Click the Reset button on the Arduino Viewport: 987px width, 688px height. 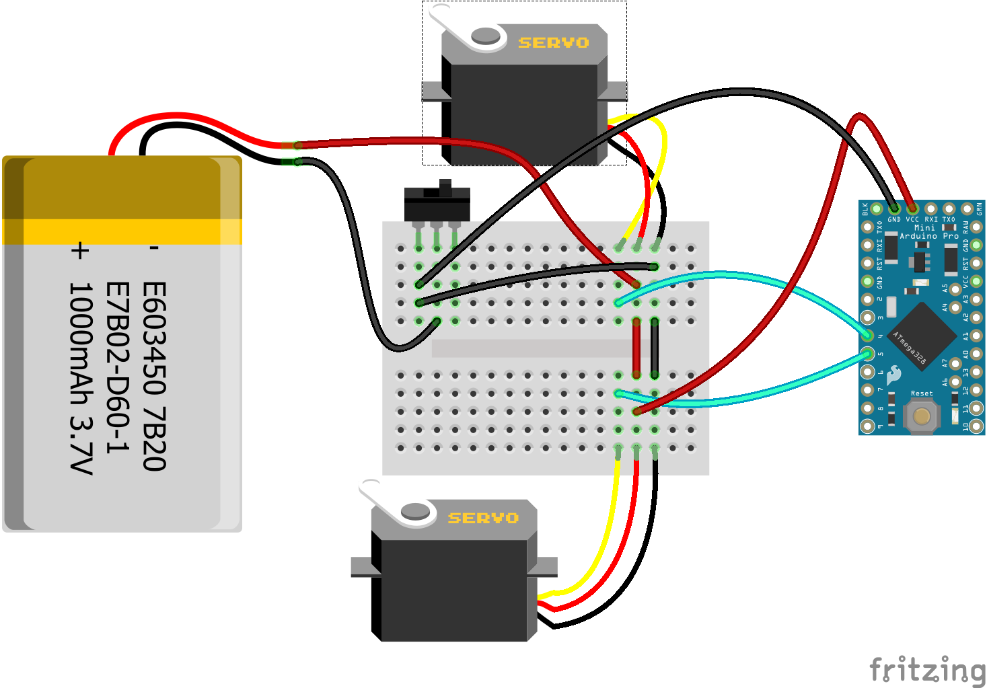click(x=921, y=416)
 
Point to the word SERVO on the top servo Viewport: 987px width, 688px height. click(x=553, y=43)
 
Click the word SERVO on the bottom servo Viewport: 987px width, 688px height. click(x=483, y=519)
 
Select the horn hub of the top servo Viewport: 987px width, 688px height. click(x=485, y=36)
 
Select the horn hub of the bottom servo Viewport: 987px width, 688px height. click(x=415, y=512)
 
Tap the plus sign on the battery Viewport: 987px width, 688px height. click(x=79, y=251)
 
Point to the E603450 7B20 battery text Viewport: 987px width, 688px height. click(x=153, y=377)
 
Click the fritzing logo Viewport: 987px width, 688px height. click(x=926, y=671)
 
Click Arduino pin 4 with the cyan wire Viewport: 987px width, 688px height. click(x=868, y=336)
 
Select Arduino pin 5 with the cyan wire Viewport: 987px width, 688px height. click(x=868, y=354)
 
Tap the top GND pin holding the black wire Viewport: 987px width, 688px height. click(x=894, y=209)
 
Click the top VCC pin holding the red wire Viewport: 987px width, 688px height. click(x=912, y=209)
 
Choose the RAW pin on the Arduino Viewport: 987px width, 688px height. click(x=976, y=227)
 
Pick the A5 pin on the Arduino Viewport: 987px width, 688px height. click(x=955, y=290)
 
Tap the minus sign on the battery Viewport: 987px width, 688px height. click(x=154, y=249)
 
